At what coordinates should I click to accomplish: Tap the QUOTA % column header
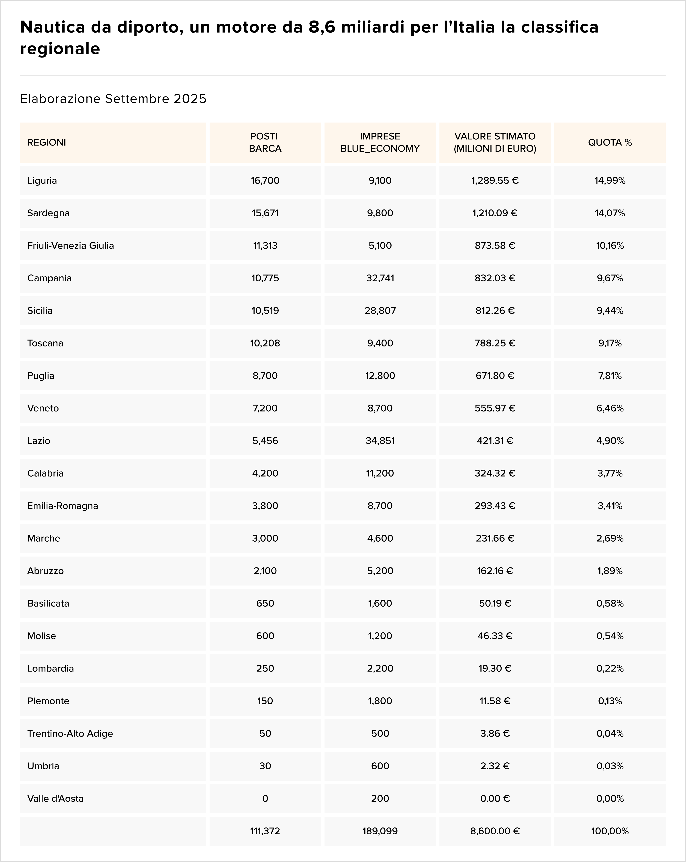pos(610,142)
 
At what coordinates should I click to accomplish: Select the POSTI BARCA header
pos(265,142)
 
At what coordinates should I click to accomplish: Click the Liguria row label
pos(42,180)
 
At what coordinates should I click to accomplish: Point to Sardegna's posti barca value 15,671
pos(265,213)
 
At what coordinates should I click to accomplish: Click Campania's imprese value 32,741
pos(380,278)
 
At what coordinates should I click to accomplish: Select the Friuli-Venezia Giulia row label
pos(70,246)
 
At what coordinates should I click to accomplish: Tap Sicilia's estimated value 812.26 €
pos(495,311)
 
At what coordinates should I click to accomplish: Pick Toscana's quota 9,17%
pos(610,343)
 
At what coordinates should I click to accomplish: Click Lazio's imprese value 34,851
pos(380,441)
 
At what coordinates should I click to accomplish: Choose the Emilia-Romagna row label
pos(62,506)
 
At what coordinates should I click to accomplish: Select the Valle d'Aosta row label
pos(55,799)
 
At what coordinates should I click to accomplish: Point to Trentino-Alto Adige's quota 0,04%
pos(610,733)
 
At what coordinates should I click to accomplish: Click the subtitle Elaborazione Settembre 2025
pos(113,99)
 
